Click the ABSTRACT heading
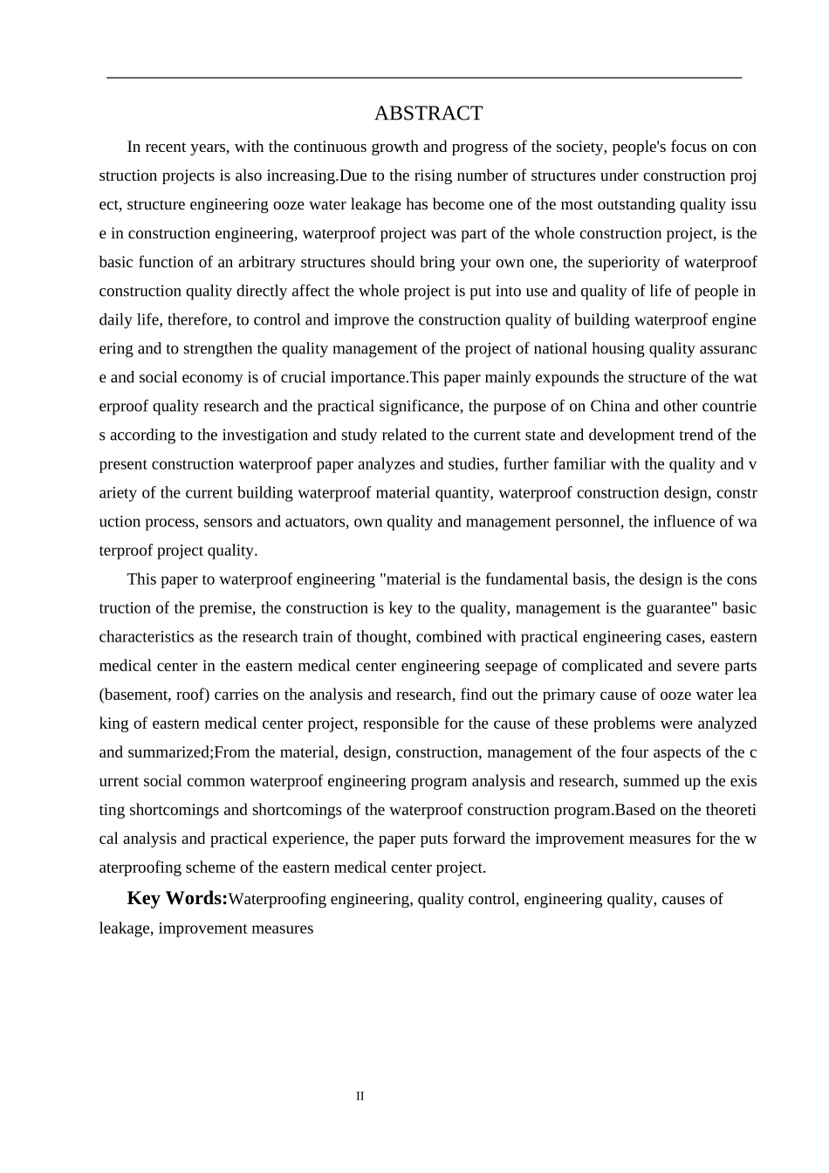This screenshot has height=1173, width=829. (x=428, y=113)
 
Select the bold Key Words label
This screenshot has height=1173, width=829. (x=177, y=898)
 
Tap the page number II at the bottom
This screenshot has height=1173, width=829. (x=360, y=1096)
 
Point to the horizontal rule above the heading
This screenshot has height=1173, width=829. (x=424, y=78)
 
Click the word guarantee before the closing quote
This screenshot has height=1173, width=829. (x=668, y=607)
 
